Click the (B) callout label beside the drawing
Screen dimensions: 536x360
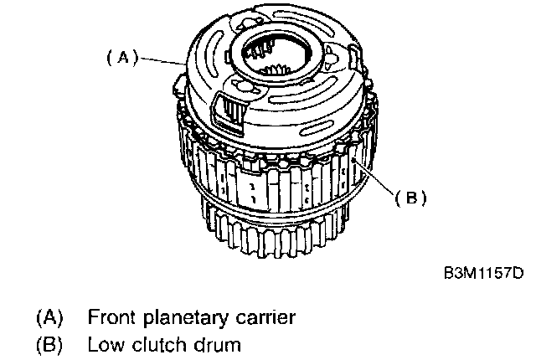coord(411,198)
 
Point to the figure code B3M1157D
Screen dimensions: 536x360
coord(484,273)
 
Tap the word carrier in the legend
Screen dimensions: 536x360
coord(265,317)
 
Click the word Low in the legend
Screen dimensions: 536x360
coord(106,345)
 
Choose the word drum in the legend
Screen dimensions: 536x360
coord(218,345)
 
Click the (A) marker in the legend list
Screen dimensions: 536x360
coord(50,317)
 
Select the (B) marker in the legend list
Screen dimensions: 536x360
coord(50,345)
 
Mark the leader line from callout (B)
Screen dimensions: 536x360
coord(374,177)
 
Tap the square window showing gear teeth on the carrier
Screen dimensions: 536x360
coord(229,111)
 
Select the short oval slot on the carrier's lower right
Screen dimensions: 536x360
coord(317,128)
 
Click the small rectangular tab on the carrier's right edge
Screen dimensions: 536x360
coord(353,59)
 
